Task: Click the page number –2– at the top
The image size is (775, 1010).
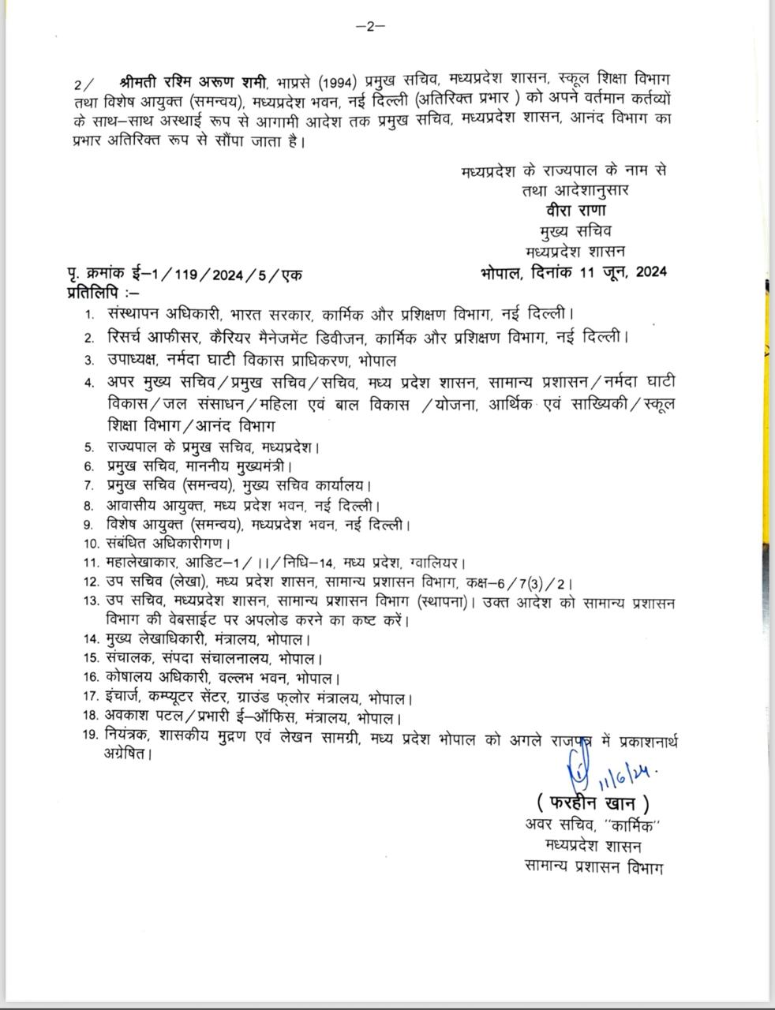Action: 370,26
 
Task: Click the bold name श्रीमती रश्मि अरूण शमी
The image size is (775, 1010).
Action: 192,82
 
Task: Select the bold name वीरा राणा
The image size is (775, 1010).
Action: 575,211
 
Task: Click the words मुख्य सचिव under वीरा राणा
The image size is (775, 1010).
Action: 575,231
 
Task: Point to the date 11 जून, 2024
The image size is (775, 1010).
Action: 618,271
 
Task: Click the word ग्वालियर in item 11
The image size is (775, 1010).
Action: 437,563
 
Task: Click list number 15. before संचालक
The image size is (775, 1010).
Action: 90,658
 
